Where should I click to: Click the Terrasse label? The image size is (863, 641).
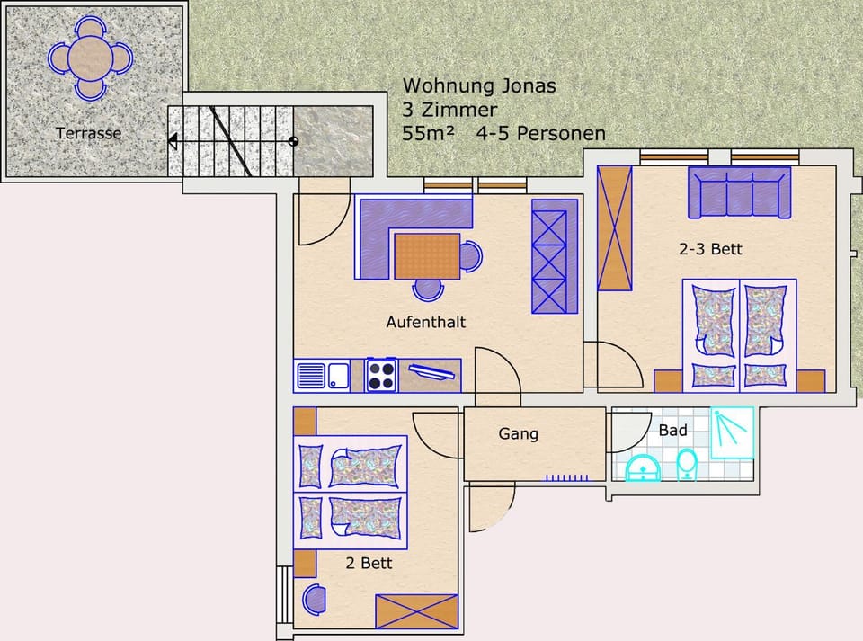[88, 133]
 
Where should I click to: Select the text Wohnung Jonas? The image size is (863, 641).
[479, 86]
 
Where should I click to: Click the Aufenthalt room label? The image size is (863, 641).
[425, 322]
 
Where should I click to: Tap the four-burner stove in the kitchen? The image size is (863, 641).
[381, 375]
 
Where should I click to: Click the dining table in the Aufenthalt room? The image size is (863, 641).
[427, 256]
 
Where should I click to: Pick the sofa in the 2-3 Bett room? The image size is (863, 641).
[740, 192]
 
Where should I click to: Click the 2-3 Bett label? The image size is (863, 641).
[710, 249]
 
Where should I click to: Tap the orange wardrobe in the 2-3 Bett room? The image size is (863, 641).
[616, 228]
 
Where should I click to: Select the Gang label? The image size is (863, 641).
[519, 434]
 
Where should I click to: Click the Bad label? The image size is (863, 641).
[672, 431]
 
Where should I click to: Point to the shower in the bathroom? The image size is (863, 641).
[733, 433]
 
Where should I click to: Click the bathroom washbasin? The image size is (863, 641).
[644, 468]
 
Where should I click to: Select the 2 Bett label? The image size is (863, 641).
[369, 564]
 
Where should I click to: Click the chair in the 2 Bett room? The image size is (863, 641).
[314, 598]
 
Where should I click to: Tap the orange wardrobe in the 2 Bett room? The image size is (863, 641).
[417, 611]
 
